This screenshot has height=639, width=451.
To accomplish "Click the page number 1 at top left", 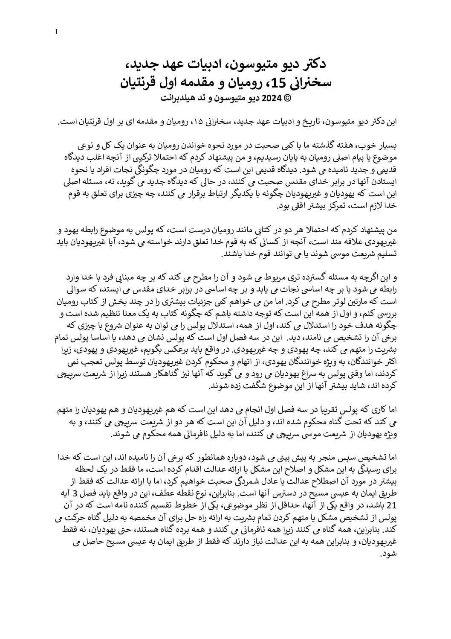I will [57, 32].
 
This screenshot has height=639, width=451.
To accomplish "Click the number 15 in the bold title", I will [262, 82].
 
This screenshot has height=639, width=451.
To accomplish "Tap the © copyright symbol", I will [287, 98].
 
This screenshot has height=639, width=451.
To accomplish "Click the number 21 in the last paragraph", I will [393, 505].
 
